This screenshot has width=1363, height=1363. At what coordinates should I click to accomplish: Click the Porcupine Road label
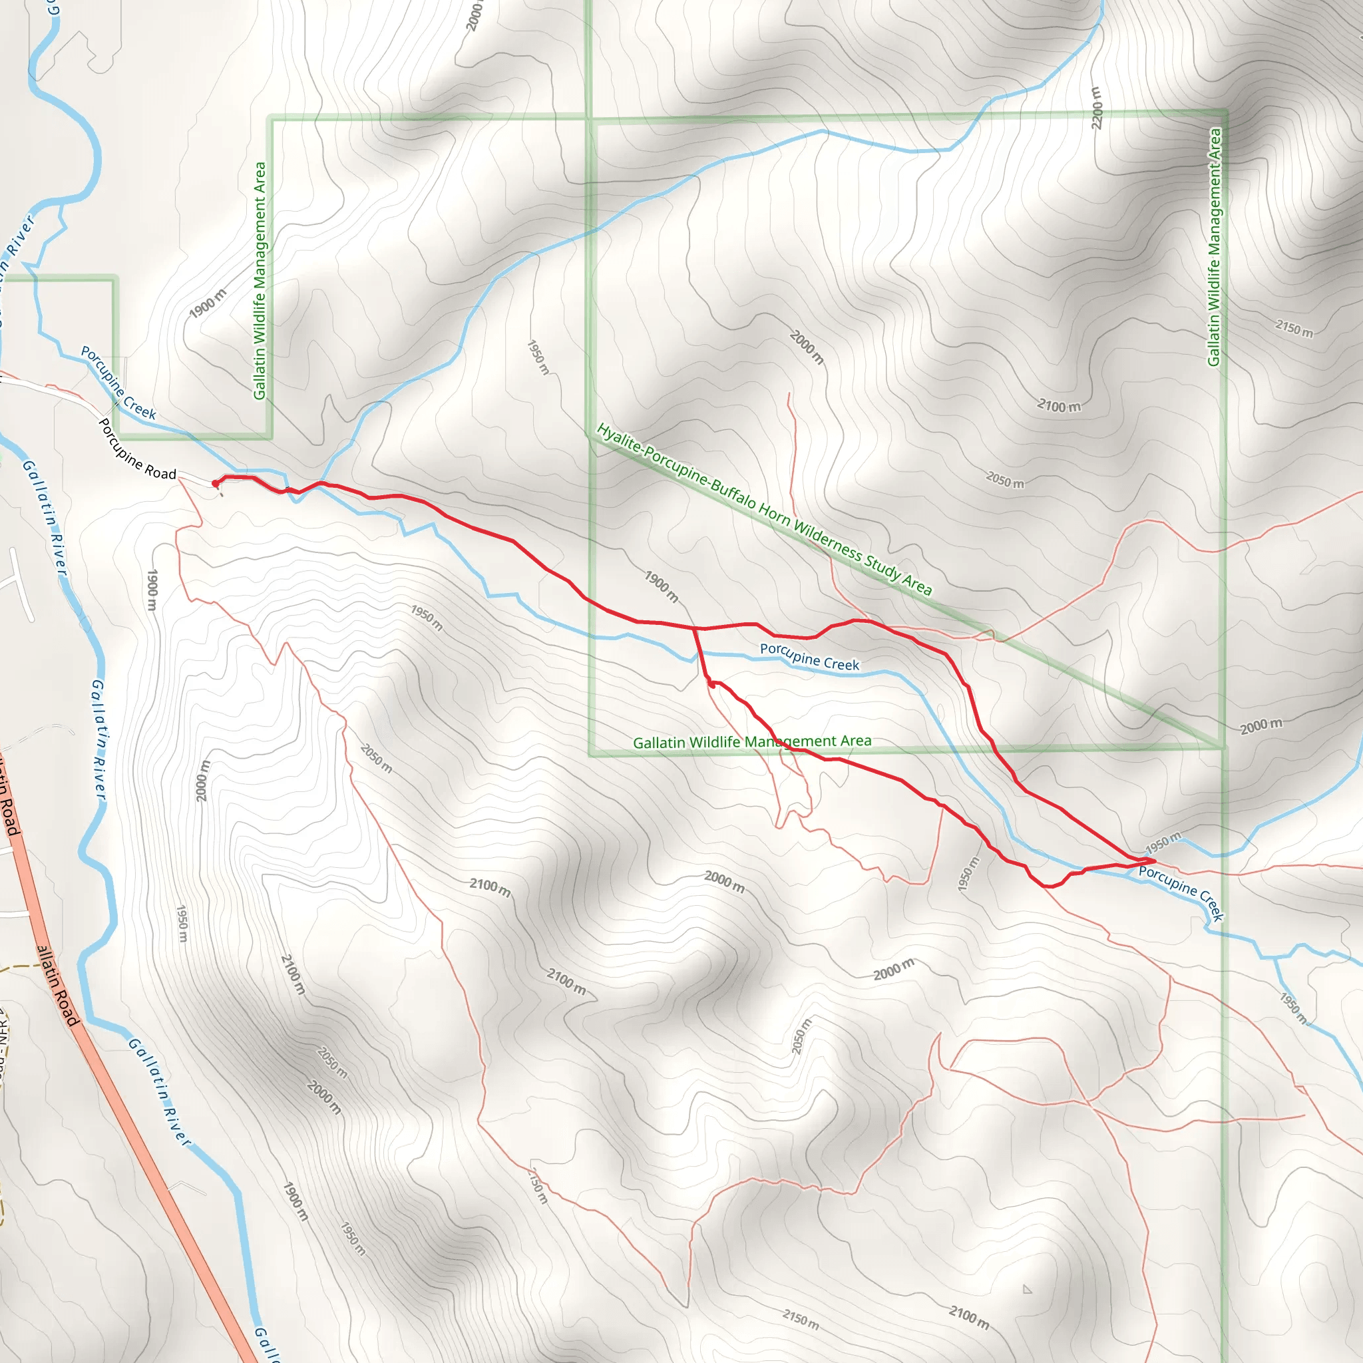137,449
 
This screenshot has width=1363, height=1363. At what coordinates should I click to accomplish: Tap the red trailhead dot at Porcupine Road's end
215,483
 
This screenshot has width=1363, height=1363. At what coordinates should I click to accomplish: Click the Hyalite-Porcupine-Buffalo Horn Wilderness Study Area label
764,508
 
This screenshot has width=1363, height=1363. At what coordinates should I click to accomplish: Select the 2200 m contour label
1096,108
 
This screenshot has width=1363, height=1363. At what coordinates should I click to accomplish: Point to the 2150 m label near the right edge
1294,329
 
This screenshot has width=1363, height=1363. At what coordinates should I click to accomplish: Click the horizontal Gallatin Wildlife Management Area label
752,741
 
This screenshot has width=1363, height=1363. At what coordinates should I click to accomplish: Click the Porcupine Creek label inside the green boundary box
809,657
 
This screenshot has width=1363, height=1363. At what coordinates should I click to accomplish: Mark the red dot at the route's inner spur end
712,684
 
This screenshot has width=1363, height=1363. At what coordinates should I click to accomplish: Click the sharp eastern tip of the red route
1155,861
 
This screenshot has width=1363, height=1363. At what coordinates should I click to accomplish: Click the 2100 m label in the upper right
1058,406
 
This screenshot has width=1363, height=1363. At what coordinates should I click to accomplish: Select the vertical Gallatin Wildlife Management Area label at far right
1214,247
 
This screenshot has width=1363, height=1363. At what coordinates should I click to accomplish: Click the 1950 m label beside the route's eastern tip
1162,843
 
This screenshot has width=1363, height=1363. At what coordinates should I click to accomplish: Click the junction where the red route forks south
695,628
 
